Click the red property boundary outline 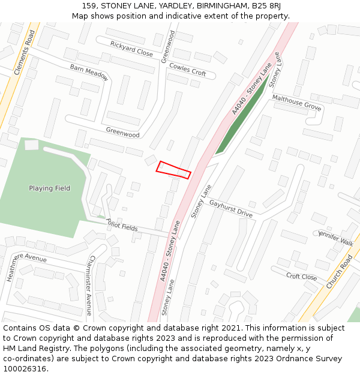(x=173, y=170)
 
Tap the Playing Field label (x=49, y=188)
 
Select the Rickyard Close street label (x=131, y=49)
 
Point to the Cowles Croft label (x=187, y=69)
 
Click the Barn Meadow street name (x=89, y=72)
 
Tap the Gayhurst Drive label (x=231, y=208)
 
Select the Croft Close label (x=301, y=277)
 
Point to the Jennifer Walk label (x=336, y=237)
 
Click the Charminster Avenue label (x=89, y=284)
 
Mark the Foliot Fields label (x=122, y=225)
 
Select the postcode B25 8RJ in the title (x=265, y=5)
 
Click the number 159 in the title (x=89, y=5)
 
